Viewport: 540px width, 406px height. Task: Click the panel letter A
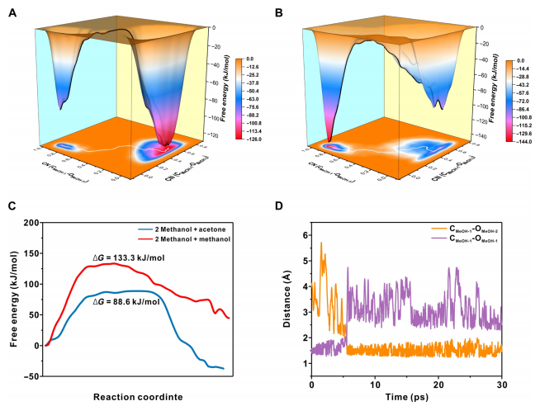(x=11, y=11)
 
